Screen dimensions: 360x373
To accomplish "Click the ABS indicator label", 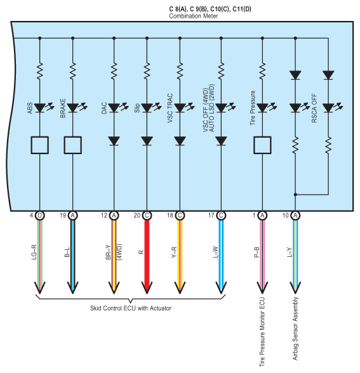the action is pos(30,108).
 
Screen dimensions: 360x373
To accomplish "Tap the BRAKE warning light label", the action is pos(63,108).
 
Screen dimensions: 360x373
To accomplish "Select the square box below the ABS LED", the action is pos(40,145).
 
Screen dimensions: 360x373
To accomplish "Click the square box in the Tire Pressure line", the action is pos(262,145).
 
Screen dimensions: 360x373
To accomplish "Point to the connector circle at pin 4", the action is pos(40,216).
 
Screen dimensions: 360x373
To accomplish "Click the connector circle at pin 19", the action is pos(73,216).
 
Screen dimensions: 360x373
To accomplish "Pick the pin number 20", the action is pos(137,216).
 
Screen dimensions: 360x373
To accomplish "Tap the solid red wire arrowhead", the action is pos(147,288).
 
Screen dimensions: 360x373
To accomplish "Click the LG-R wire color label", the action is pos(34,252).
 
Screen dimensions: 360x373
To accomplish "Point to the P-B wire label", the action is pos(257,252).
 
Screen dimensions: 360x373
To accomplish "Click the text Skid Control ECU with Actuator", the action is pos(131,308).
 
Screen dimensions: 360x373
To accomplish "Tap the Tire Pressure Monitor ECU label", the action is pos(262,332).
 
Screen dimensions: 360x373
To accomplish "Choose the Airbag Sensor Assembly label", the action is pos(295,329).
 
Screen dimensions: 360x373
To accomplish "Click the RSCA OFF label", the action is pos(314,108).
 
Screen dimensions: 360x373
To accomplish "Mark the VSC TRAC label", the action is pos(170,108).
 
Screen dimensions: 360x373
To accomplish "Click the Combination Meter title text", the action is pos(194,16).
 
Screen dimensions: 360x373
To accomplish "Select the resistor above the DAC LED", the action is pos(114,71).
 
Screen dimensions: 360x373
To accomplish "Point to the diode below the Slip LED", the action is pos(147,141).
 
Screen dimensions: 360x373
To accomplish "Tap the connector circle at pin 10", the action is pos(295,216).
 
